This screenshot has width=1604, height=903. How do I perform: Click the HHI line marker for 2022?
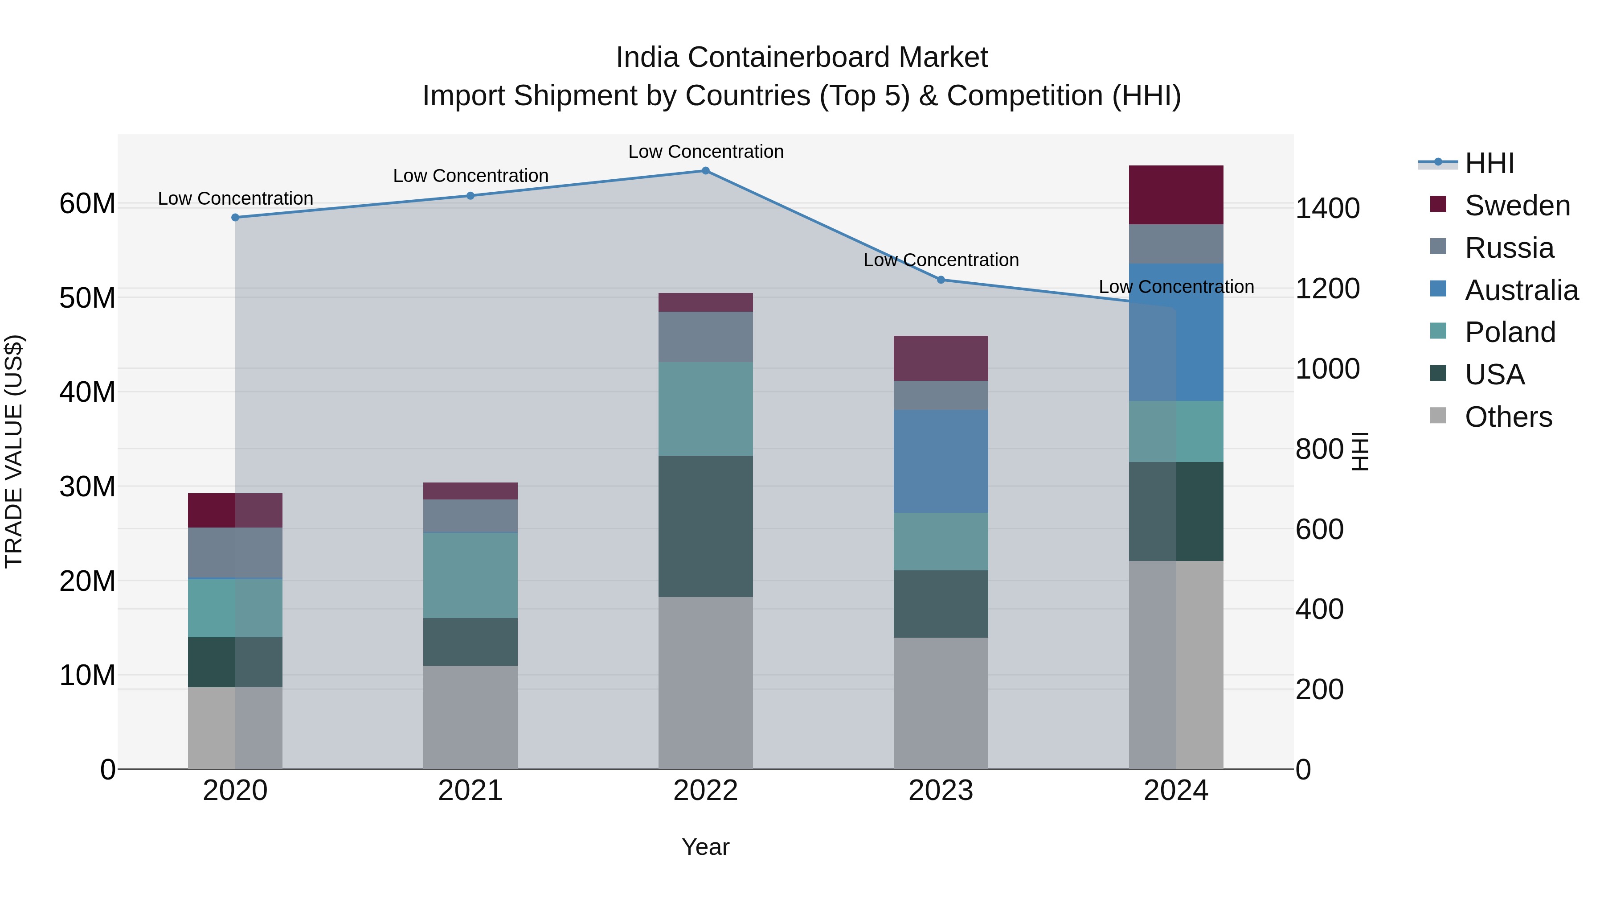click(705, 171)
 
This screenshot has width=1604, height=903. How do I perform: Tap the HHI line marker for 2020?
click(235, 218)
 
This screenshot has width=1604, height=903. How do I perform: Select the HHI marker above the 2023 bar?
click(941, 280)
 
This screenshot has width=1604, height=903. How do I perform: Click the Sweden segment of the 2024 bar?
click(1176, 195)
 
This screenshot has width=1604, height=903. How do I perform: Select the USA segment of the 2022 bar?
click(705, 526)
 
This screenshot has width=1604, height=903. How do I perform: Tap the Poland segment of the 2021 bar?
click(470, 575)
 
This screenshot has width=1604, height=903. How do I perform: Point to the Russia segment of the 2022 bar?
click(705, 337)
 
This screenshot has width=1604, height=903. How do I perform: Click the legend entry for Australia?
click(1521, 290)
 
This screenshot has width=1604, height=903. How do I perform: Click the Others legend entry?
click(1508, 417)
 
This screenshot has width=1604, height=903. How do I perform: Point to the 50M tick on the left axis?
click(87, 298)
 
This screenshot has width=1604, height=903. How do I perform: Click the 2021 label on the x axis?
click(470, 791)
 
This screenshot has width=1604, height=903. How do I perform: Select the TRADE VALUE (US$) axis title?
click(14, 451)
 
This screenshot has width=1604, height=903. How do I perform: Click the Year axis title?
click(705, 847)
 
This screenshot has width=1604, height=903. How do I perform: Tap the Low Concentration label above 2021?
click(470, 176)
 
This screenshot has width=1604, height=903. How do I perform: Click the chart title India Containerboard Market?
click(802, 58)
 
